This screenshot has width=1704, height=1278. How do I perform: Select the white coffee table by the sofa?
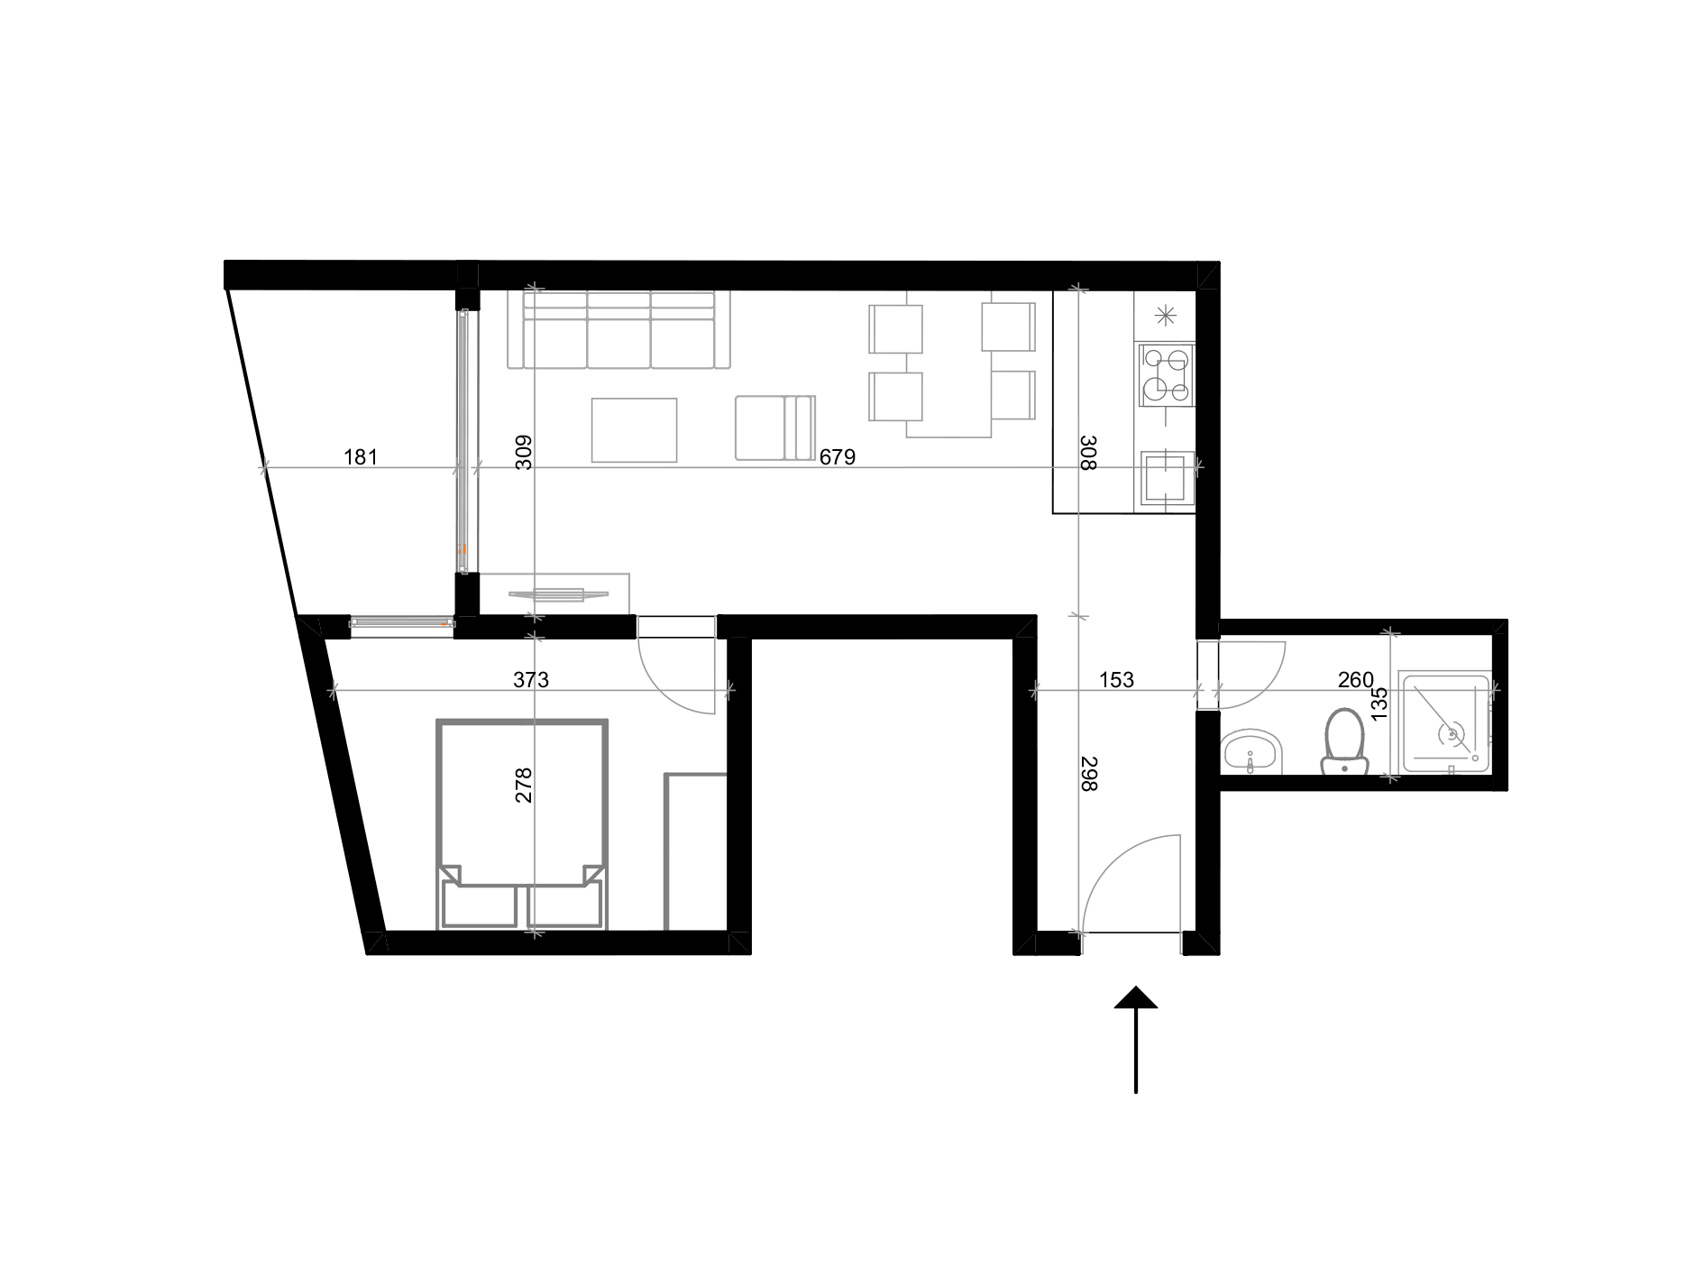(x=634, y=430)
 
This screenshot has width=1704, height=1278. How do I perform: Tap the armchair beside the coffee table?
(x=774, y=428)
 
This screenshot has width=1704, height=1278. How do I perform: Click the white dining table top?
(x=948, y=363)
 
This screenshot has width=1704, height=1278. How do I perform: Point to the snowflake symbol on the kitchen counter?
(x=1165, y=316)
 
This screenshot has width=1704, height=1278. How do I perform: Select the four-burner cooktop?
(x=1166, y=374)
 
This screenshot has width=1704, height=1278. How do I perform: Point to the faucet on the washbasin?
(x=1250, y=767)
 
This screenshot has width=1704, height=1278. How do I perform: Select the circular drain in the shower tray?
(x=1451, y=734)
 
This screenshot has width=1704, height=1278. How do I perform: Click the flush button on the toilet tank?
(x=1344, y=768)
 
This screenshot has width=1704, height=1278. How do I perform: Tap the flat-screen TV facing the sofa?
(x=559, y=594)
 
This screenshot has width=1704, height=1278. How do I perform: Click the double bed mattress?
(x=522, y=798)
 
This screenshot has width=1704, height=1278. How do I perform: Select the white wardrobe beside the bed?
(x=696, y=850)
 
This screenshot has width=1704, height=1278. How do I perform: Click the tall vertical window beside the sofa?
(x=466, y=441)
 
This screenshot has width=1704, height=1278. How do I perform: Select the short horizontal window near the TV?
(x=402, y=626)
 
